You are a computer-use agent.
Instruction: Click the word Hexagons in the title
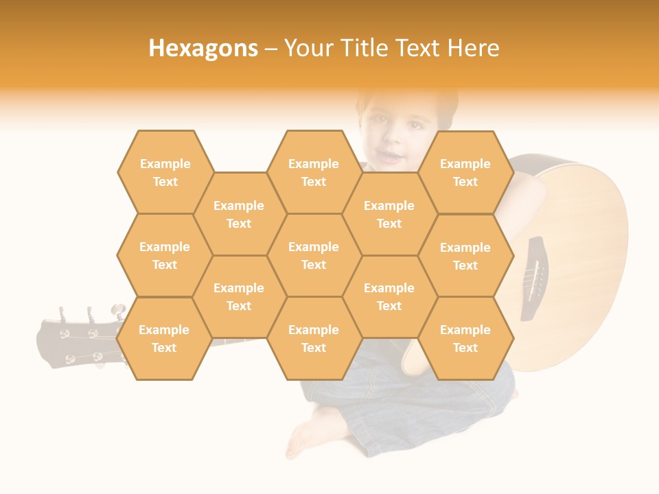click(203, 48)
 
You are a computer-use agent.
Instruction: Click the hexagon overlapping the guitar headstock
click(164, 339)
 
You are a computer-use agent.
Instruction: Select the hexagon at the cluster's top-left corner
click(165, 172)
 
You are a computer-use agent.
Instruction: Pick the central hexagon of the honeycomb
click(314, 255)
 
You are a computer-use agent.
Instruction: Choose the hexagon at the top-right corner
click(465, 172)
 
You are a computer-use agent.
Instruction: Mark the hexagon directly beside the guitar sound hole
click(465, 256)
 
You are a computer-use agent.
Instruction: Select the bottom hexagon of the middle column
click(314, 339)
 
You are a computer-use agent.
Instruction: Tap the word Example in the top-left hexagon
click(165, 163)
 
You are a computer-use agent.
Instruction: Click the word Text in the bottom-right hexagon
click(465, 348)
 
